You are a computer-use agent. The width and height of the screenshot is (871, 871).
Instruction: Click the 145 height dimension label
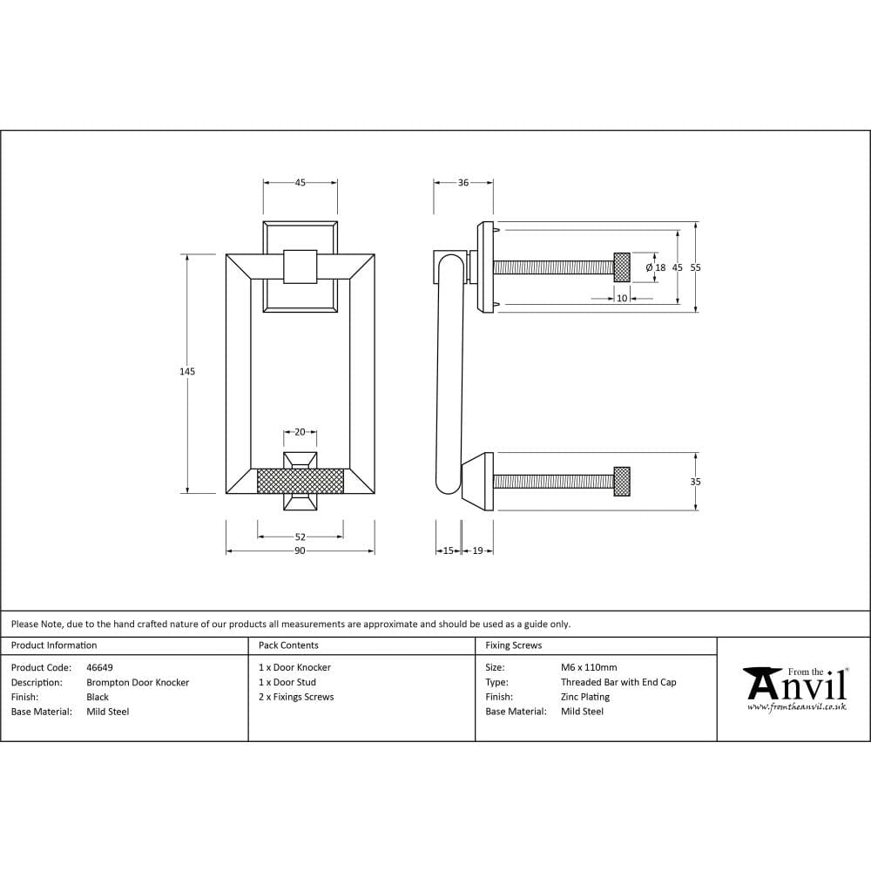point(187,372)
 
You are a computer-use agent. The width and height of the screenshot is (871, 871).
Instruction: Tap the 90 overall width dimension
point(300,550)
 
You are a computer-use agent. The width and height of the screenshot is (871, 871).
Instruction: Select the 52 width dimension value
point(300,537)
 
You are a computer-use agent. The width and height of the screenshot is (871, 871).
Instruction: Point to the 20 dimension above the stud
point(300,432)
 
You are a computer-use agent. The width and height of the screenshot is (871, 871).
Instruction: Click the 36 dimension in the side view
point(463,183)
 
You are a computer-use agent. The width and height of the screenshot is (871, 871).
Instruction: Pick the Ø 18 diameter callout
point(656,268)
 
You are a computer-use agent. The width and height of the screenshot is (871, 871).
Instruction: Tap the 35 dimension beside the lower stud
point(695,482)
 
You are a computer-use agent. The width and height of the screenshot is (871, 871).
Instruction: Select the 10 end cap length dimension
point(622,298)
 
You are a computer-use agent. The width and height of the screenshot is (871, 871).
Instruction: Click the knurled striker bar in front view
point(301,481)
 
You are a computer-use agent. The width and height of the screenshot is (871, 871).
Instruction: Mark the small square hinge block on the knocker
point(300,266)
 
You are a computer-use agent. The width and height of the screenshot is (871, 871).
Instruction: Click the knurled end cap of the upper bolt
point(622,267)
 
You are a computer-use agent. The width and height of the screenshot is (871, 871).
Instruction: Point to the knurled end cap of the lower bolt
point(622,482)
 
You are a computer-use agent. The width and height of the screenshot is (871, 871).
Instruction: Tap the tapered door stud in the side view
point(478,481)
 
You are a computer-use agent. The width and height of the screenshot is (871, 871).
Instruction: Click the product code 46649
point(99,668)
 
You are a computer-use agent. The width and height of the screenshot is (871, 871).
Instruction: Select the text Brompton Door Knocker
point(138,683)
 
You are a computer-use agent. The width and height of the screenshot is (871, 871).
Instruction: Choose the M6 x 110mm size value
point(589,668)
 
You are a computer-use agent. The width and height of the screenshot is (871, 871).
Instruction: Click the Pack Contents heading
point(288,645)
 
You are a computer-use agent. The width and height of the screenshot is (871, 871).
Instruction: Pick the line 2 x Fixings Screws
point(296,697)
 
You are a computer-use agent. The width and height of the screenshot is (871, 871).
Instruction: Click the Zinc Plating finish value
point(585,697)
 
